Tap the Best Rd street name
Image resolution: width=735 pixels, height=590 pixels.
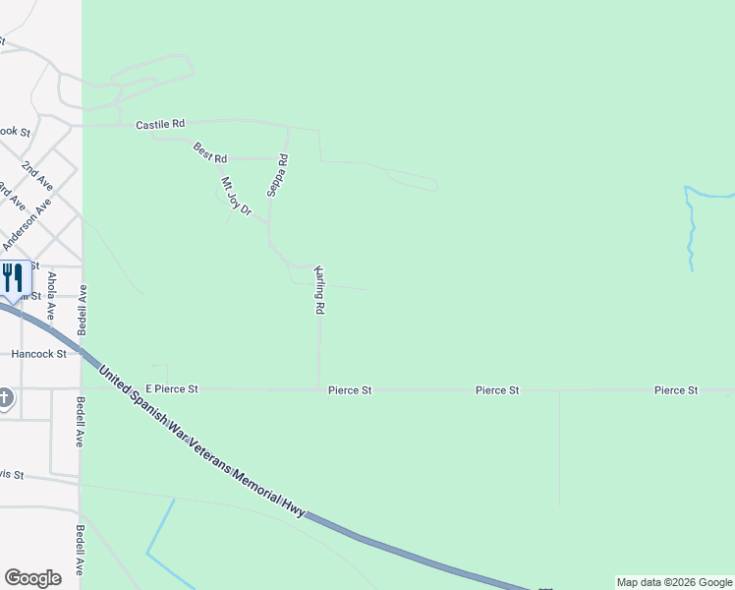(210, 153)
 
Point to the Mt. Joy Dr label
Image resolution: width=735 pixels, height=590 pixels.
(236, 196)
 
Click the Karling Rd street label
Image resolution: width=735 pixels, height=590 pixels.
(319, 289)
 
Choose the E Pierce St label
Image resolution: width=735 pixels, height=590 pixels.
(172, 390)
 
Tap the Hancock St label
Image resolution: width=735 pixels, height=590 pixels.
(38, 353)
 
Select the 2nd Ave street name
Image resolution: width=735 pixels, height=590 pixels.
(37, 175)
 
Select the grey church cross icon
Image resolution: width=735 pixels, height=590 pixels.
(5, 398)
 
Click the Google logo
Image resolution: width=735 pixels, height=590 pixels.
(32, 578)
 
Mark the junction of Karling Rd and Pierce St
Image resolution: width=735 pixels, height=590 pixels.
(319, 389)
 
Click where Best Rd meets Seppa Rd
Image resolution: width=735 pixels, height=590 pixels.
(272, 158)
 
